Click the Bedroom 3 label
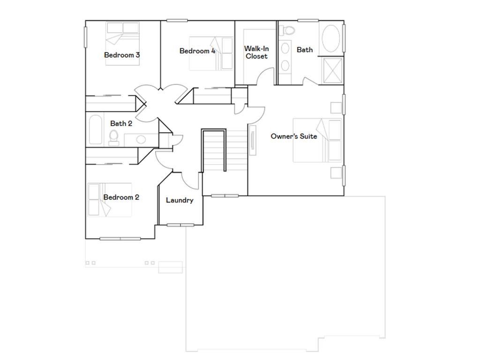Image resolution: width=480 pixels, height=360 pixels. (x=122, y=55)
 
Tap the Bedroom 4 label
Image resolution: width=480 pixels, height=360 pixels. (x=197, y=51)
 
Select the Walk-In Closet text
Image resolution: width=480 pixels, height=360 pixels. (x=256, y=52)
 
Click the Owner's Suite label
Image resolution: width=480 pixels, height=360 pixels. (x=294, y=136)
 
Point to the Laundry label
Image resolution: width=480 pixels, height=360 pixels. (x=180, y=201)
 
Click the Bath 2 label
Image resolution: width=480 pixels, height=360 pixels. (x=121, y=124)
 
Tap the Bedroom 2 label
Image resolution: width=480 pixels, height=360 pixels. (x=121, y=197)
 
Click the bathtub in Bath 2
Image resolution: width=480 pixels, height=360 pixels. (x=95, y=130)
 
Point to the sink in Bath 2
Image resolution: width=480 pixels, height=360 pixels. (x=141, y=139)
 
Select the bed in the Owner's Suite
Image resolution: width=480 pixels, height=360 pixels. (x=318, y=140)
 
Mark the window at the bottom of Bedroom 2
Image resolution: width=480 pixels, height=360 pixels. (x=120, y=239)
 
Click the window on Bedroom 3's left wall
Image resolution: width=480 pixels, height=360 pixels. (x=86, y=37)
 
